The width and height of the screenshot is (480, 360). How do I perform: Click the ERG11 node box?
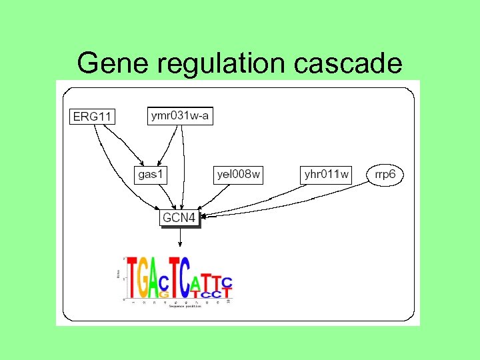[93, 117]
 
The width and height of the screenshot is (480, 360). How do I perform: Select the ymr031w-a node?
[180, 115]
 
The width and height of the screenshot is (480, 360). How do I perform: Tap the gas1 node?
[151, 175]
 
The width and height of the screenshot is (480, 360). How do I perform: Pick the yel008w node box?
[239, 175]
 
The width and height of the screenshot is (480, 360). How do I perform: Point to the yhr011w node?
[327, 175]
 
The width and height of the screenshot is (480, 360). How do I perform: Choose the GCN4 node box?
[179, 217]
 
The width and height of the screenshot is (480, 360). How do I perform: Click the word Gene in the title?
[114, 63]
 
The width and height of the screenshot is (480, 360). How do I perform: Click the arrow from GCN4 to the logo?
[179, 239]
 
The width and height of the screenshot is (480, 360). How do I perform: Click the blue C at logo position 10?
[227, 282]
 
